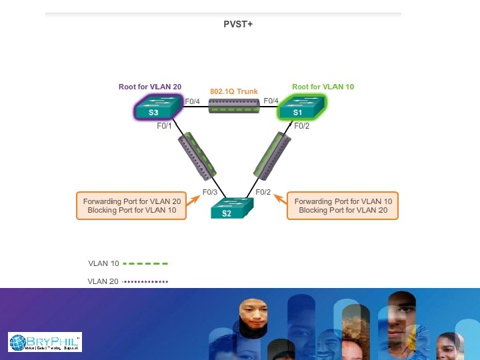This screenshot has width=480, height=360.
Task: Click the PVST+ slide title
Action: coord(238,25)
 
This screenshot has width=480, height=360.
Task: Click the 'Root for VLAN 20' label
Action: coord(150,87)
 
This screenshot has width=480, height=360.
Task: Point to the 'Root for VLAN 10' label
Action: coord(323,87)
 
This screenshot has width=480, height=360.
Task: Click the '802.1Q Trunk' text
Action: coord(233,91)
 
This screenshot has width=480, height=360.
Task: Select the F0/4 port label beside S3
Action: coord(193,101)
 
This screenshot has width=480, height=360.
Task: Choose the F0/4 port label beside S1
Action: coord(271,101)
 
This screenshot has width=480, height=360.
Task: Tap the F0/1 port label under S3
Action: coord(164,125)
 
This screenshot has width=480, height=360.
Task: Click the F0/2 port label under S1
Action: coord(302,125)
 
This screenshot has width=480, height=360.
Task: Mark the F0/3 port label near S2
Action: coord(210,192)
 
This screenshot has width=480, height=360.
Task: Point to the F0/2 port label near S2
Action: coord(263,192)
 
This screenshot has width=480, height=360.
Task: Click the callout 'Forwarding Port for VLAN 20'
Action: coord(132,201)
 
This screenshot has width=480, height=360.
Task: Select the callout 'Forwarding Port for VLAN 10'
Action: coord(343,201)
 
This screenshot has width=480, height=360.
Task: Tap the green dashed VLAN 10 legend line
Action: coord(145,263)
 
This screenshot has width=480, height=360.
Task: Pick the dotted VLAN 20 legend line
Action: coord(145,281)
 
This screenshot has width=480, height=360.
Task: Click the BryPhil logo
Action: coord(45,342)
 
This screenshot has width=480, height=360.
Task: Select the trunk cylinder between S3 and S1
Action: coord(233,106)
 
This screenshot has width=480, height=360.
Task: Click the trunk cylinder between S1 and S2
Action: coord(275,157)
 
